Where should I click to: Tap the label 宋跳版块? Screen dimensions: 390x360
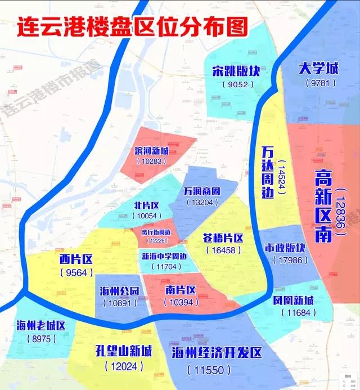233,71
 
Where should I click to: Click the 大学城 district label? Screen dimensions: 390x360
319,69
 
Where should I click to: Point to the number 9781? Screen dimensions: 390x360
319,83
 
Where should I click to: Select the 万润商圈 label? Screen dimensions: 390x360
201,191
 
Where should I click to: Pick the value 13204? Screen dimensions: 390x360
201,203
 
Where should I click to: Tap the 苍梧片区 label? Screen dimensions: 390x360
223,238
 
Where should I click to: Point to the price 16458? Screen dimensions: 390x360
223,250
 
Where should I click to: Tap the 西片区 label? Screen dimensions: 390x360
75,259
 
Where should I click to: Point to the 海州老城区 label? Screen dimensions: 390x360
42,325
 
